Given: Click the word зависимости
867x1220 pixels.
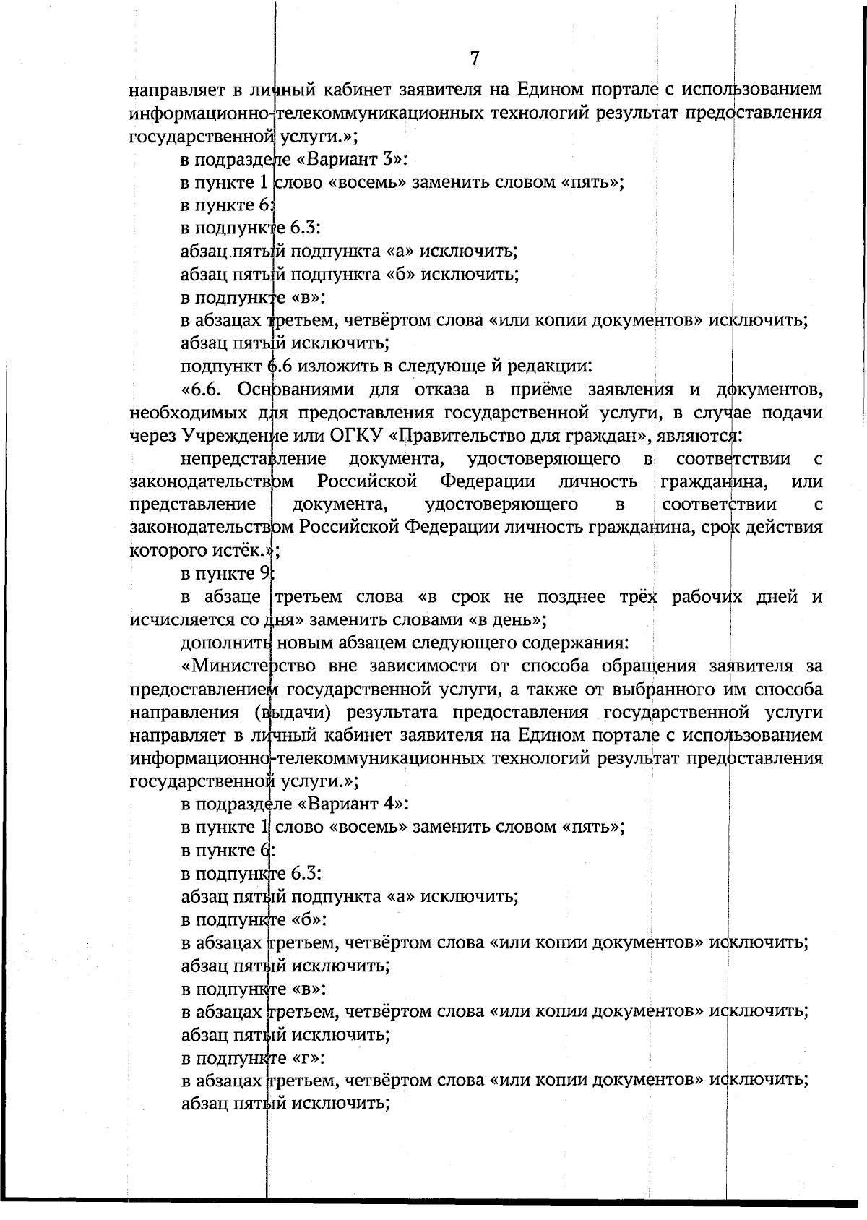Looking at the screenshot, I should [x=410, y=666].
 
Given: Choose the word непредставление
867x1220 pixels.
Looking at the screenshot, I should [x=253, y=459].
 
